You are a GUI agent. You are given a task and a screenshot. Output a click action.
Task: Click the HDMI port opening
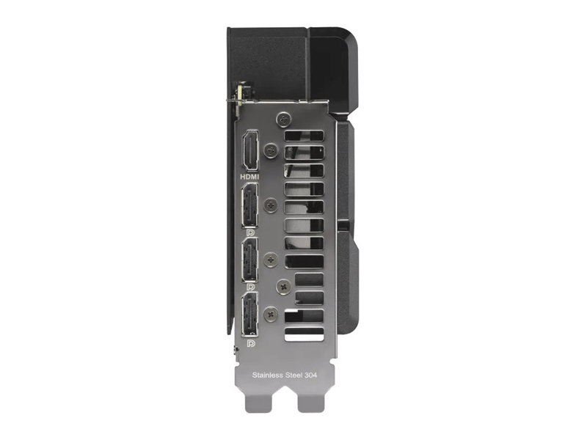point(250,150)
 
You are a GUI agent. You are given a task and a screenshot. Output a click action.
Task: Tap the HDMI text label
point(249,177)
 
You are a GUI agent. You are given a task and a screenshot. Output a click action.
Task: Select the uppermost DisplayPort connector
point(249,205)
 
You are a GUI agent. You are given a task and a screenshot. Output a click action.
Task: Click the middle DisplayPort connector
point(249,260)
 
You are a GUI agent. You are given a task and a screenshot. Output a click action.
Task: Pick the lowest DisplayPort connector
point(249,315)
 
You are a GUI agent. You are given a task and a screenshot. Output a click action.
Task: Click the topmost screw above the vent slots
point(284,120)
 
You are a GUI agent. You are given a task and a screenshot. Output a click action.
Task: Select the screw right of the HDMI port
point(271,151)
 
